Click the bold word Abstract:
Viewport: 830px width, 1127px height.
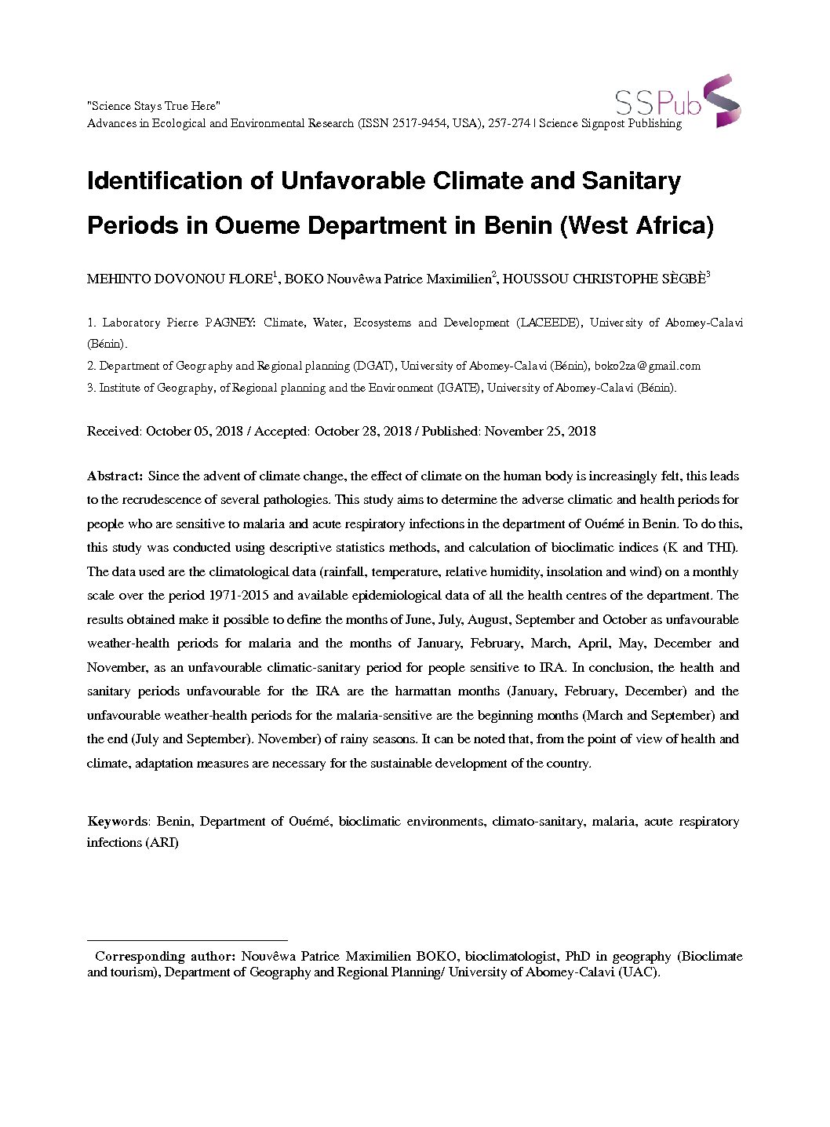click(115, 476)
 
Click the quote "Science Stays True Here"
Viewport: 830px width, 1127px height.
click(154, 106)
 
